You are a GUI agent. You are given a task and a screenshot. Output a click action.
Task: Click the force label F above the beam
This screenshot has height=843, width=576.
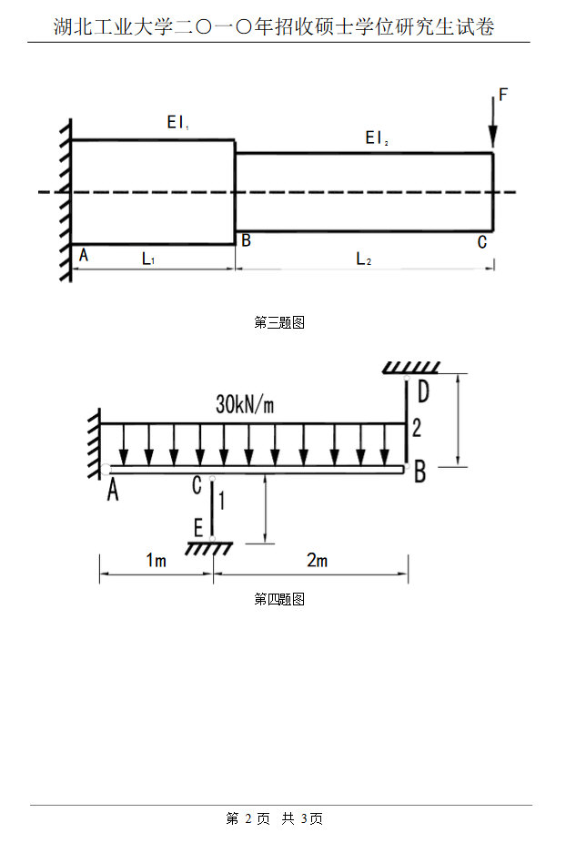point(503,95)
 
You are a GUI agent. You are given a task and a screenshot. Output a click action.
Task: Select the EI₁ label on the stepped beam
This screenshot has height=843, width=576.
point(177,122)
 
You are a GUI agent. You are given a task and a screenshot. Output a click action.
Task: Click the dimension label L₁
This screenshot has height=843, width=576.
point(148,259)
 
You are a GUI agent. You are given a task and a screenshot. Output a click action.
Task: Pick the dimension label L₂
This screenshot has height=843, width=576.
point(363,259)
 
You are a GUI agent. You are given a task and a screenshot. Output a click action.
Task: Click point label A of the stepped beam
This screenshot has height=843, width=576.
point(84,256)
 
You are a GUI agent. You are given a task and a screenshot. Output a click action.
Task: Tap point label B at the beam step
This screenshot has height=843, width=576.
point(245,241)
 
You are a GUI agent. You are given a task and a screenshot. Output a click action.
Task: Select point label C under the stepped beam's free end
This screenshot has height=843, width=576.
point(481,242)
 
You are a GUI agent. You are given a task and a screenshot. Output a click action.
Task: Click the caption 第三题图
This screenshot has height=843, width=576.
point(278,322)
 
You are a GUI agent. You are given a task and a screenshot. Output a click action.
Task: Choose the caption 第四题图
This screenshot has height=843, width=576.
point(278,599)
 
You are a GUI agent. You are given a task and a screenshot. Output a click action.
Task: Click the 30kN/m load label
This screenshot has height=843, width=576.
point(245,405)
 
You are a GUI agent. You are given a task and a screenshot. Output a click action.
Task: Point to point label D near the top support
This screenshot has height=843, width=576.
point(422,392)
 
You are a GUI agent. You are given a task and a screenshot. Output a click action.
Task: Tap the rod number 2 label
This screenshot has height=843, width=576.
point(417,428)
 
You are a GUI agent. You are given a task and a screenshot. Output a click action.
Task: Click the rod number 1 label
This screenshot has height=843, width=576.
point(221,499)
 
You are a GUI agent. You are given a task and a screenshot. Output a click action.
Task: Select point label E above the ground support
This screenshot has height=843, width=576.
point(198,527)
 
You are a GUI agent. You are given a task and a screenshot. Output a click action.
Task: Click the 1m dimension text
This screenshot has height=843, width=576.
point(156,561)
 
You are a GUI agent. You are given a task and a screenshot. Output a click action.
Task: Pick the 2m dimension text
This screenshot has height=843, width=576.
point(317,561)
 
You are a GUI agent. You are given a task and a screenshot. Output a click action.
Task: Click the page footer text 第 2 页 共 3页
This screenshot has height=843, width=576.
point(274,818)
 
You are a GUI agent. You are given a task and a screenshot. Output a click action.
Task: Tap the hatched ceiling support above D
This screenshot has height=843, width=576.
point(411,368)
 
